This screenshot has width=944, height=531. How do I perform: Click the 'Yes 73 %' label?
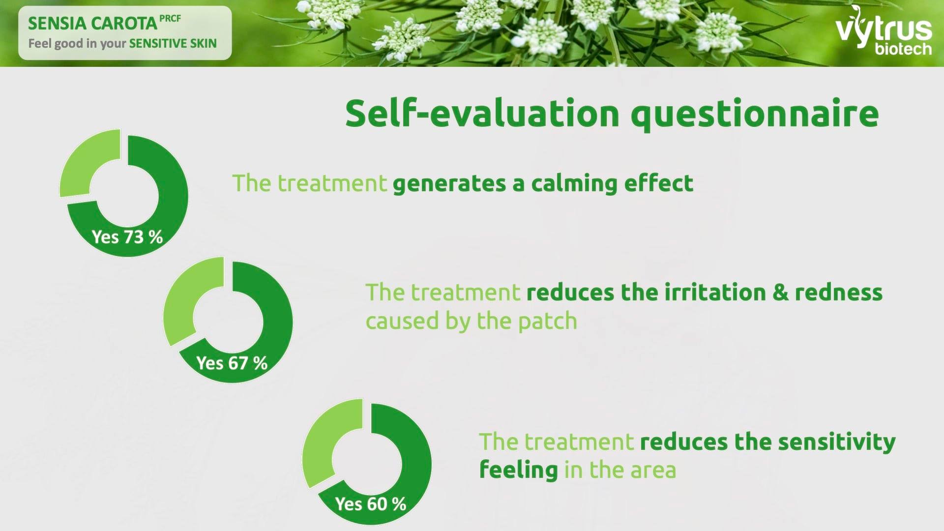click(127, 237)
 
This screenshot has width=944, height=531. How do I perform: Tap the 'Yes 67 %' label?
click(232, 363)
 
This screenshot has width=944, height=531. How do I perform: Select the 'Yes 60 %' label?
click(371, 504)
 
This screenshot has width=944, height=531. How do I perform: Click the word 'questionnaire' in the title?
click(755, 115)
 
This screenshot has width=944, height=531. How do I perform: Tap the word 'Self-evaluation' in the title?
click(482, 113)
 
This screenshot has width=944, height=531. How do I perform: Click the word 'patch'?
click(547, 322)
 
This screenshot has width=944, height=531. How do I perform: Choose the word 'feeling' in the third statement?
click(518, 470)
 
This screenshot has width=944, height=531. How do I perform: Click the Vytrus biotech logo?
click(884, 30)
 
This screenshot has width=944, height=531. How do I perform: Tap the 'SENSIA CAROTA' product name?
click(92, 24)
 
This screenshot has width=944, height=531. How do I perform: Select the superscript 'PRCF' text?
click(170, 19)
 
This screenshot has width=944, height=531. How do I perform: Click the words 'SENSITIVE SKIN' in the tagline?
click(173, 43)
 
